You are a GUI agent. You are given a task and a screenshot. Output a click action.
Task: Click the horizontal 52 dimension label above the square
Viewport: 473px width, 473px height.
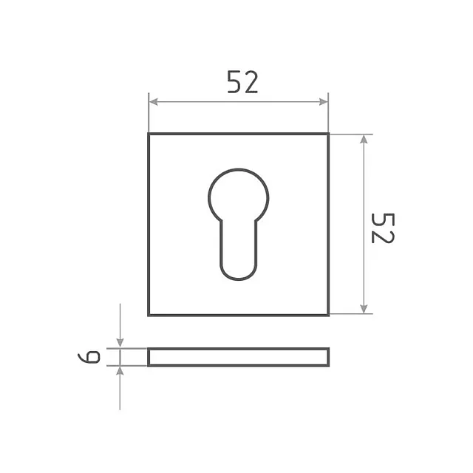242,81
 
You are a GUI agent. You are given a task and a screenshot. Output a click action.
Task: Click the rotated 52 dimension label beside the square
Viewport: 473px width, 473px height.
383,228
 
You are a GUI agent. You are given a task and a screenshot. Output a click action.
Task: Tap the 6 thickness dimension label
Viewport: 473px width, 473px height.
89,357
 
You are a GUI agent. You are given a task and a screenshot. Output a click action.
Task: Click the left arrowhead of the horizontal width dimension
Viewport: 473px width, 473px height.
153,102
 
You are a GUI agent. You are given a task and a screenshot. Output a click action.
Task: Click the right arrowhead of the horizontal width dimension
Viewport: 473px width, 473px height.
324,102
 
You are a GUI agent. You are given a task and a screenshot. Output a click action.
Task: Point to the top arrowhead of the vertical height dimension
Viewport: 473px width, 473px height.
364,139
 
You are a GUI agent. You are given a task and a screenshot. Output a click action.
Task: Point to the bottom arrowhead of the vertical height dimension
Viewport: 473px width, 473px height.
364,309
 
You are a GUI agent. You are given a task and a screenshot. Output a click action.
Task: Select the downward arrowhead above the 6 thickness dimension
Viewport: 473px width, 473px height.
120,343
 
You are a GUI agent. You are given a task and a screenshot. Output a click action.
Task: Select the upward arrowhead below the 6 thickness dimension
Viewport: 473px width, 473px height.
120,371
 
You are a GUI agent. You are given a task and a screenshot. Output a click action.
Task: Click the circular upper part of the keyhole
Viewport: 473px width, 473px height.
238,170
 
